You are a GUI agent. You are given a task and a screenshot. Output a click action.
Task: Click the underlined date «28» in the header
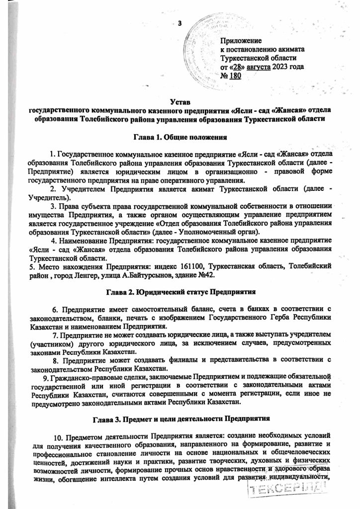tap(238, 66)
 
